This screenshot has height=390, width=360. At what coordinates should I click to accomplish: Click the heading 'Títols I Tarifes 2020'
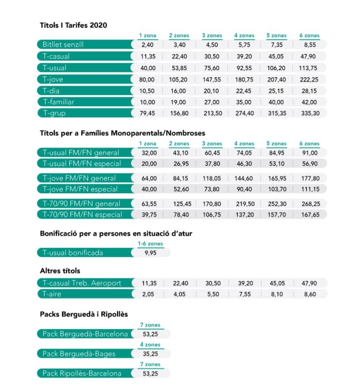pyautogui.click(x=73, y=25)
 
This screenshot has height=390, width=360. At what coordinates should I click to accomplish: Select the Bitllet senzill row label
pyautogui.click(x=63, y=45)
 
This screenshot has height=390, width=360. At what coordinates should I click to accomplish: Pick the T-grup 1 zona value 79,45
pyautogui.click(x=147, y=113)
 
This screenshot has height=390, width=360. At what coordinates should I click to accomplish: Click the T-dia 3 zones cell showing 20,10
pyautogui.click(x=211, y=91)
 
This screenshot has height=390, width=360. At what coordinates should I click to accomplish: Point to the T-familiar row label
pyautogui.click(x=59, y=102)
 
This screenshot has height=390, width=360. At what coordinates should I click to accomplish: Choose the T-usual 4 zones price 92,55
pyautogui.click(x=244, y=68)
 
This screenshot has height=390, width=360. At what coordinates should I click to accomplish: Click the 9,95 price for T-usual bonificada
pyautogui.click(x=151, y=253)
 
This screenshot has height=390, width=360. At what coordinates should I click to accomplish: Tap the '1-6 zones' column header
pyautogui.click(x=151, y=244)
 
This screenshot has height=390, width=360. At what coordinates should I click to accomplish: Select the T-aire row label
pyautogui.click(x=52, y=294)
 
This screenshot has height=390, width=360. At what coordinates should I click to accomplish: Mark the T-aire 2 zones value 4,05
pyautogui.click(x=180, y=294)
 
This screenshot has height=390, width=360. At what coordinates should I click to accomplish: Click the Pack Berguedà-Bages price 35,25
pyautogui.click(x=150, y=354)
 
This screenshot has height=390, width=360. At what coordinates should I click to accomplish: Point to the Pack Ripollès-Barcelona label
pyautogui.click(x=82, y=373)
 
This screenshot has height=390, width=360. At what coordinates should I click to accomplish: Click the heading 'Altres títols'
pyautogui.click(x=60, y=271)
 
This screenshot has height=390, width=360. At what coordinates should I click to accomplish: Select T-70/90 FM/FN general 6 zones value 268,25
pyautogui.click(x=311, y=204)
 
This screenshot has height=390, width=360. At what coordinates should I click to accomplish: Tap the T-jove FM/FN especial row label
pyautogui.click(x=80, y=189)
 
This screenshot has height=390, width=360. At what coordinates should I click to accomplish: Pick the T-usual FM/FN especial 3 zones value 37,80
pyautogui.click(x=212, y=164)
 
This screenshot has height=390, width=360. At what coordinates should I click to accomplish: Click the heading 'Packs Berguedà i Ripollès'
pyautogui.click(x=84, y=314)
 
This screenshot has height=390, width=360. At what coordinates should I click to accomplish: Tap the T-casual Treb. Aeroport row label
pyautogui.click(x=82, y=283)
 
